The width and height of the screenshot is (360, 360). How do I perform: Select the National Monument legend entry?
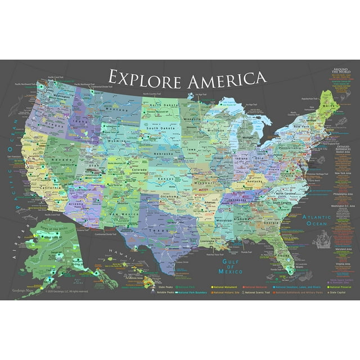pos(226,286)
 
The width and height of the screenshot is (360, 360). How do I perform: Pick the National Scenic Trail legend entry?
pos(256,292)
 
